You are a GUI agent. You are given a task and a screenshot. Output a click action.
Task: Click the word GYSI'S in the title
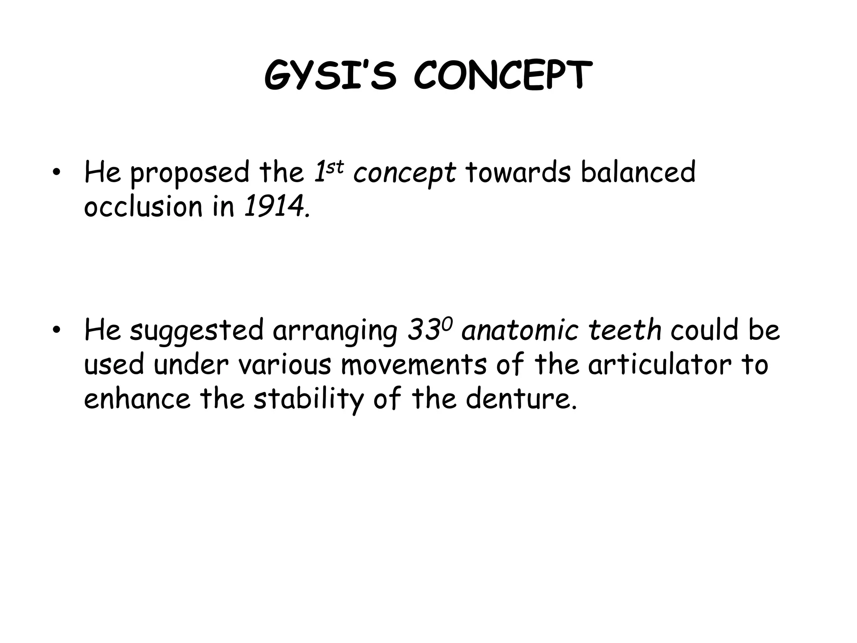330,76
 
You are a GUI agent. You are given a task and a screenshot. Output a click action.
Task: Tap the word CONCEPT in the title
503,76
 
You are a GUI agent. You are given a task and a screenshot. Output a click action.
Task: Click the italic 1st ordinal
328,172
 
